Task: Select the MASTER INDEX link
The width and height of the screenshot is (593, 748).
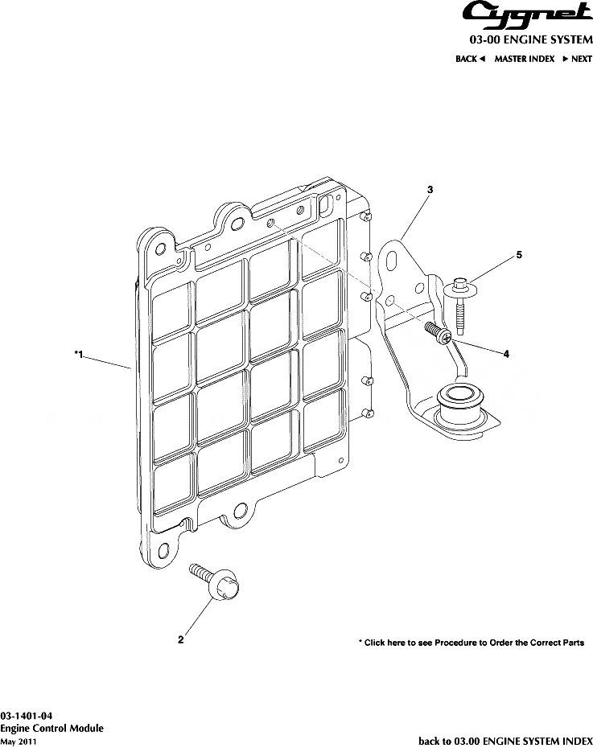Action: click(524, 59)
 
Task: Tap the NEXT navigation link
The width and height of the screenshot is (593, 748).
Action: click(578, 59)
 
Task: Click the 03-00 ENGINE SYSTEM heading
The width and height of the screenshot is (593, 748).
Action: click(531, 39)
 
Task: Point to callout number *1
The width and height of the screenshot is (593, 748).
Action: click(78, 354)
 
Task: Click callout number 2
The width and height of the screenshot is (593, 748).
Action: click(181, 640)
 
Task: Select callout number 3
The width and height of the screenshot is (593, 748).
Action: click(430, 190)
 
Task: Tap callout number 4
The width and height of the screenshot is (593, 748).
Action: click(506, 354)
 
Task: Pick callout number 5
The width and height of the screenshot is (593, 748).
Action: click(519, 255)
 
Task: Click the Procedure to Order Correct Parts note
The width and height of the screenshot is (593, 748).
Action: click(471, 643)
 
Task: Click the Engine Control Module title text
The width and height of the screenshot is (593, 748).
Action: click(51, 728)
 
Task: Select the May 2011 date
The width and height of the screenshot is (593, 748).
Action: click(18, 741)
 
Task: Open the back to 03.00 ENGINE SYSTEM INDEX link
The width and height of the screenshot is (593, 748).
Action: click(505, 741)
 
